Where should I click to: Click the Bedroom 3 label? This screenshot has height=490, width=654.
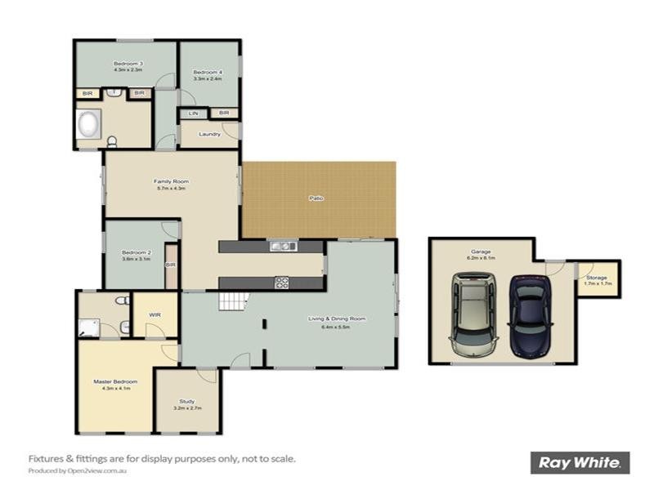click(129, 64)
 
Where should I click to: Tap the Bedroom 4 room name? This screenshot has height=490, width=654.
click(208, 73)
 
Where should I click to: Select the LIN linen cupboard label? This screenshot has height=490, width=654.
click(194, 113)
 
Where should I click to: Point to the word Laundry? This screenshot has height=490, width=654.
click(209, 134)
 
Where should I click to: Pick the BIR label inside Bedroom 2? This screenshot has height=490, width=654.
click(171, 265)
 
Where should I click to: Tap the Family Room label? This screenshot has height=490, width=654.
click(171, 181)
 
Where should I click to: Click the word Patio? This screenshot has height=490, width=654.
click(315, 198)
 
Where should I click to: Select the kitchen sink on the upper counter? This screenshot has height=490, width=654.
click(283, 246)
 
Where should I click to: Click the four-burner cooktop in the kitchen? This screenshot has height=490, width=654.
click(282, 283)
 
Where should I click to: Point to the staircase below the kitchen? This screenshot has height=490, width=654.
click(232, 302)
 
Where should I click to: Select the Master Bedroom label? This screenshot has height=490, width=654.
click(114, 381)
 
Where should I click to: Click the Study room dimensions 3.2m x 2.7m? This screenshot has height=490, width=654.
click(187, 407)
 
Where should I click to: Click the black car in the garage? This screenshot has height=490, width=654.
click(529, 317)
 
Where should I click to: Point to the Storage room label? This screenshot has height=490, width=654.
click(596, 278)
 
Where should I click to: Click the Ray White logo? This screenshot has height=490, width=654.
click(580, 462)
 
